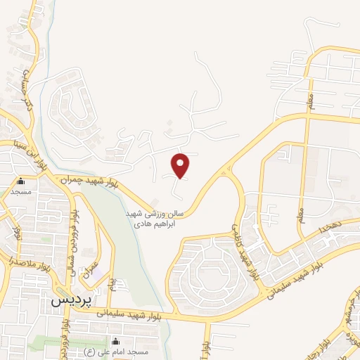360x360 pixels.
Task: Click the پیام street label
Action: pos(112,284)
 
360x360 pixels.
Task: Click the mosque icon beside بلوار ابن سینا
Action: pos(20,180)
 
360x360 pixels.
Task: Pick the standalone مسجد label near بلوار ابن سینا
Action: pos(20,191)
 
